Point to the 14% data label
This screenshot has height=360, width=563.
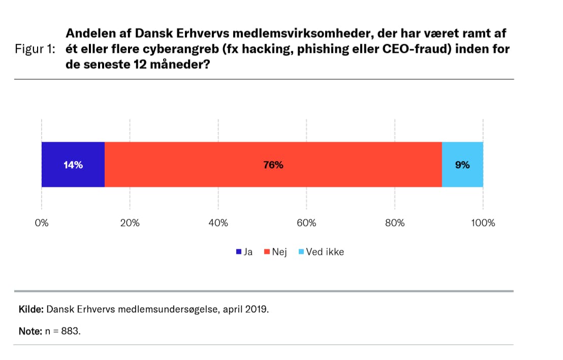[x=73, y=165]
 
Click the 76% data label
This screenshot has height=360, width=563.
[x=273, y=165]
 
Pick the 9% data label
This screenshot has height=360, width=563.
[x=462, y=165]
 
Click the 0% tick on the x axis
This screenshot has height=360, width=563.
[x=41, y=223]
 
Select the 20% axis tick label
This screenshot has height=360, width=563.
[x=130, y=223]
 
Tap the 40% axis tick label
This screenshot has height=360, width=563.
[x=218, y=223]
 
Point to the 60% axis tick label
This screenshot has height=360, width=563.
[x=306, y=223]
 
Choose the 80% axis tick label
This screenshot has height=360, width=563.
[x=395, y=223]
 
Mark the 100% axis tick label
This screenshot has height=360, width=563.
[x=483, y=223]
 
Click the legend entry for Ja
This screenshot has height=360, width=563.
[x=244, y=252]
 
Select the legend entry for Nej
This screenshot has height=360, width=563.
[x=275, y=252]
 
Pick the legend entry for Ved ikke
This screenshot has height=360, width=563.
[x=321, y=252]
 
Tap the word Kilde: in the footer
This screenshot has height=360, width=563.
[x=31, y=309]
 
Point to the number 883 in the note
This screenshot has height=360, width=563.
[x=71, y=331]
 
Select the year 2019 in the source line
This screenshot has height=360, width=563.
[x=256, y=309]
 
